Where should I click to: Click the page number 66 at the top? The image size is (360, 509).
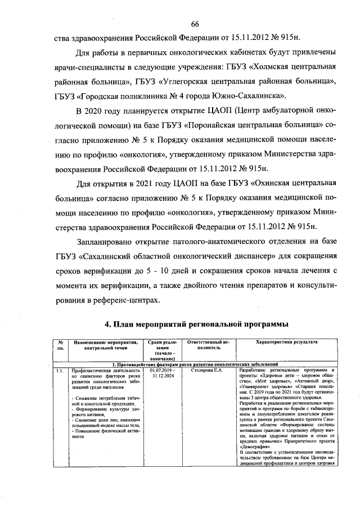coord(195,23)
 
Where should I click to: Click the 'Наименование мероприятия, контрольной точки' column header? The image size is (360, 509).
coord(105,345)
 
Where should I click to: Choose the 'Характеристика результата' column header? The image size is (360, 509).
coord(286,342)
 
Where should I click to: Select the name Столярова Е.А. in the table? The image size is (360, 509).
coord(208,371)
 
